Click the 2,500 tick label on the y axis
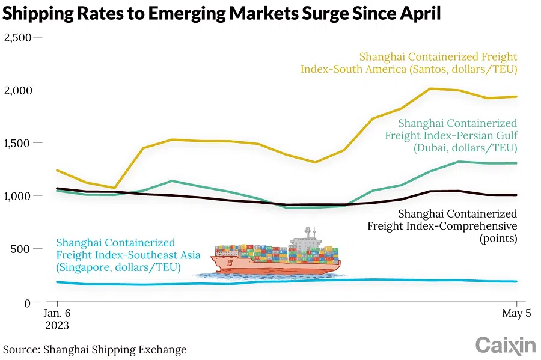tap(17, 37)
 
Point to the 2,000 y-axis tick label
tap(17, 90)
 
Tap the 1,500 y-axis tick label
tap(17, 143)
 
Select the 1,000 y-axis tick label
tap(17, 196)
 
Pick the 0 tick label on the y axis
tap(27, 302)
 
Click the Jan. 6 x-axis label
tap(57, 314)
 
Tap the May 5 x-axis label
tap(515, 314)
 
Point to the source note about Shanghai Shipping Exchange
tap(95, 349)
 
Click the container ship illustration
tap(277, 255)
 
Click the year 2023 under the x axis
tap(57, 326)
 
